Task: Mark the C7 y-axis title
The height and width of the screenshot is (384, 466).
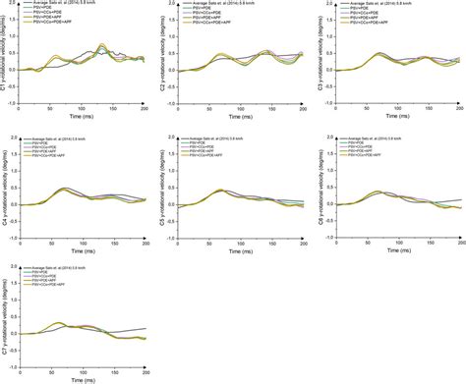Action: click(5, 320)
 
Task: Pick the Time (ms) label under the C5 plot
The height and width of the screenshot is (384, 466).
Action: click(243, 250)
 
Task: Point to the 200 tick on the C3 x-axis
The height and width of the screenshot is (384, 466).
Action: click(460, 110)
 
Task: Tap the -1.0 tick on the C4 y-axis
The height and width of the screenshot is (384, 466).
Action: click(17, 237)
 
